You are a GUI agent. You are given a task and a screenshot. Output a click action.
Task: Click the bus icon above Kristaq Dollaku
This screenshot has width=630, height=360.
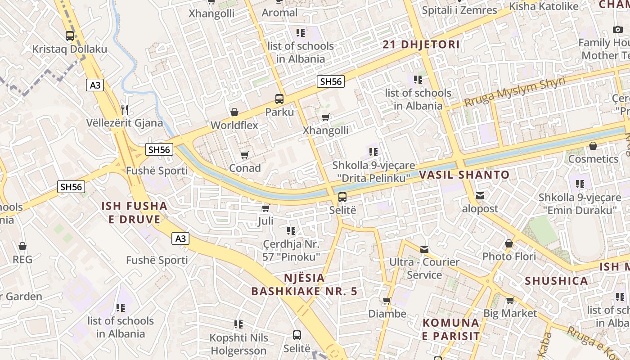(x=70, y=36)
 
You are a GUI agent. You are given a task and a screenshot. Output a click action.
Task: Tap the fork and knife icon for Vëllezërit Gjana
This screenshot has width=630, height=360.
(x=125, y=109)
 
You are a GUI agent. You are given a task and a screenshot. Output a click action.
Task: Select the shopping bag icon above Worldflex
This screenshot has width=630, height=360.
(x=234, y=112)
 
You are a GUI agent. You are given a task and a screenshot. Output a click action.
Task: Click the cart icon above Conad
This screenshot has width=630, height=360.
(x=244, y=155)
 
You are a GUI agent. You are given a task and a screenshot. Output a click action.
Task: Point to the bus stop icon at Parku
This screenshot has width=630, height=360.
(x=279, y=99)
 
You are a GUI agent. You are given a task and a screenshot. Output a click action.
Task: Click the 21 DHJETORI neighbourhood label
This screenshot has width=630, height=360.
(x=421, y=45)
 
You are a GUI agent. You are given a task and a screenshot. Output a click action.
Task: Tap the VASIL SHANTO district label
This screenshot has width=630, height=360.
(x=464, y=175)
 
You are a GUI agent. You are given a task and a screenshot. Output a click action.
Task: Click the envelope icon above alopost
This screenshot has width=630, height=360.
(x=480, y=196)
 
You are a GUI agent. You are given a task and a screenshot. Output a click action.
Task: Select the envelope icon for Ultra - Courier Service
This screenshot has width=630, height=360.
(x=424, y=249)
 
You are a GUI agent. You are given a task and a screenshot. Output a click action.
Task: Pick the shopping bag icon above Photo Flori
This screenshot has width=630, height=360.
(x=509, y=243)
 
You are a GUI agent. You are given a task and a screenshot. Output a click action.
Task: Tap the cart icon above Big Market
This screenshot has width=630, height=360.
(x=510, y=300)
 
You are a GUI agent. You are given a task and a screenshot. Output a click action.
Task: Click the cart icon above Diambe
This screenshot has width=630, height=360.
(x=387, y=301)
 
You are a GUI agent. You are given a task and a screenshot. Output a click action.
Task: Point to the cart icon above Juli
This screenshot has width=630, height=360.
(x=265, y=208)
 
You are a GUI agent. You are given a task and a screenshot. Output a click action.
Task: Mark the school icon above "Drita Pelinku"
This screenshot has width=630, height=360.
(x=373, y=152)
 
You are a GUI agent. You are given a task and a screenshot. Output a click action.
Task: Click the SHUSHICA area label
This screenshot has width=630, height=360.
(x=556, y=281)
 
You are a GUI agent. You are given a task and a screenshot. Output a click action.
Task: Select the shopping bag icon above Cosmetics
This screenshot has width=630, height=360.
(x=593, y=146)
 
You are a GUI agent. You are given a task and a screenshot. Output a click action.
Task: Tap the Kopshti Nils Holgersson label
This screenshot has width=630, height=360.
(x=239, y=344)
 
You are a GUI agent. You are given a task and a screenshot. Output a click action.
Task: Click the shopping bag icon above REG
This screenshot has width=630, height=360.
(x=22, y=246)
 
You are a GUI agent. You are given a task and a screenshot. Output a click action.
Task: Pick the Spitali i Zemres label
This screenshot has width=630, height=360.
(x=459, y=10)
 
